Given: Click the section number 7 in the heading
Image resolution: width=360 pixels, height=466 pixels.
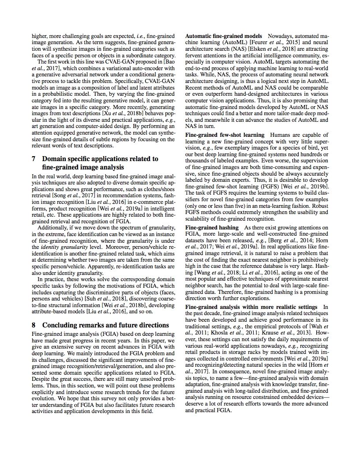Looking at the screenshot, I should (x=34, y=158).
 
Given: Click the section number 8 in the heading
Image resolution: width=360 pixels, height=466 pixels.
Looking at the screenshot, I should (x=34, y=325).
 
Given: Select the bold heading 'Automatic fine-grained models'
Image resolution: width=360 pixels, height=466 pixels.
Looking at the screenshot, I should (x=223, y=35).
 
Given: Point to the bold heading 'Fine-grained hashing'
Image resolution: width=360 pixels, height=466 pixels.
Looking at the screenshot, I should (x=211, y=227).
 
